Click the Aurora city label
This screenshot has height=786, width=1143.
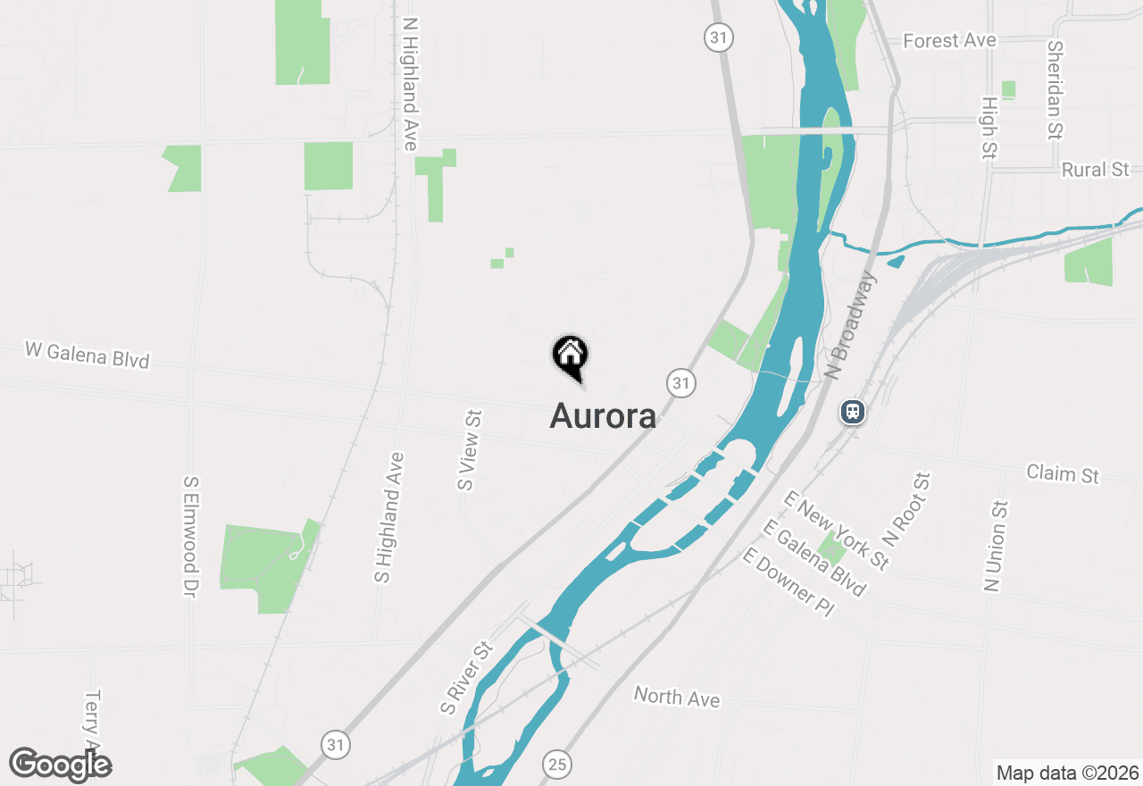pos(603,415)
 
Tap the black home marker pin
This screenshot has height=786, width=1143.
pos(570,355)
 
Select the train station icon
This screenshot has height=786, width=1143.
pos(853,412)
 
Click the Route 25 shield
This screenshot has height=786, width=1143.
pos(557,764)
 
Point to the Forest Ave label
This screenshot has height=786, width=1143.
pos(949,41)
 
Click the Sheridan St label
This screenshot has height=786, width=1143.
pos(1056,89)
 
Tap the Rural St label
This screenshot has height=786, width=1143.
pos(1096,169)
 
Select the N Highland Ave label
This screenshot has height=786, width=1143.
pos(410,84)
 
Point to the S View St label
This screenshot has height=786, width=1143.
pos(470,450)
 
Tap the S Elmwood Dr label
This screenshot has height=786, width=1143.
pos(190,536)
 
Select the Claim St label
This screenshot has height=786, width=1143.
pos(1063,473)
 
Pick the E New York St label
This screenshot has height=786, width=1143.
pos(837,530)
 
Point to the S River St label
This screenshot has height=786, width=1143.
pos(465,678)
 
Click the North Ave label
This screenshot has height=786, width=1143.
pos(677,697)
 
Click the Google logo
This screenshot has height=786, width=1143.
pos(61,765)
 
